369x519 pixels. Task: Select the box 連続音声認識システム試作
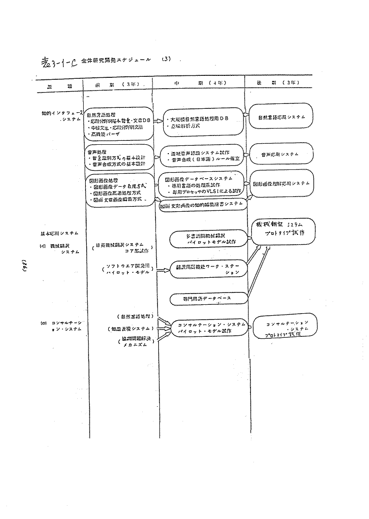(203, 154)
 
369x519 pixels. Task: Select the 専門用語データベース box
(207, 298)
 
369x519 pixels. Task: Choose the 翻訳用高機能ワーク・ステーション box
(207, 269)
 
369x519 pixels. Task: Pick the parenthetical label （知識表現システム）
(129, 328)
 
